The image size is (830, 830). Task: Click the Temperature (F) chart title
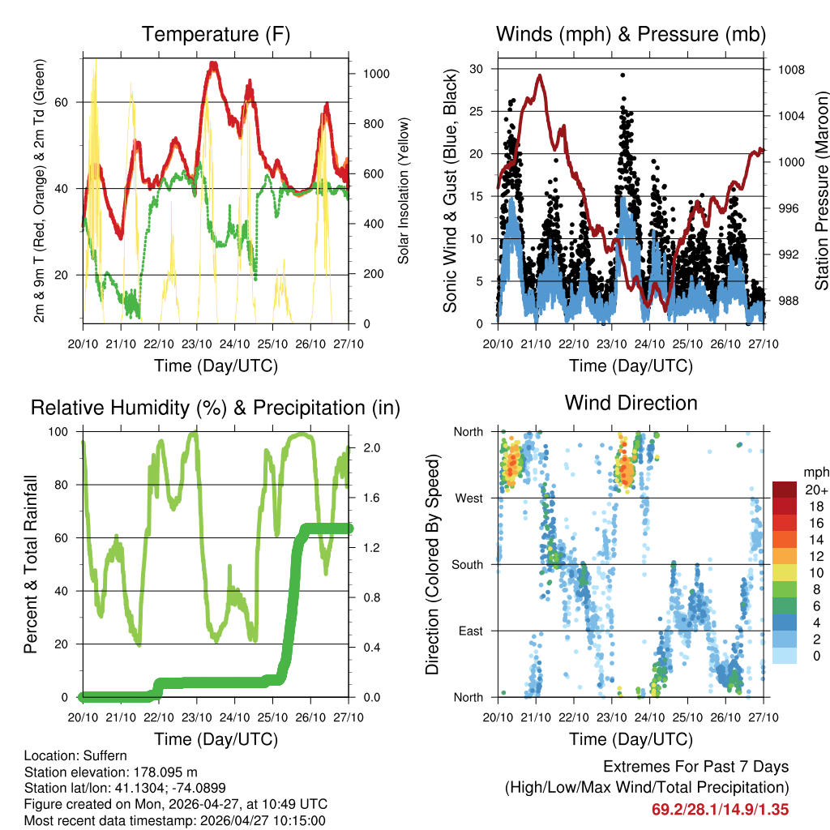216,35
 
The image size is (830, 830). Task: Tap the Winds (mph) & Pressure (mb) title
631,35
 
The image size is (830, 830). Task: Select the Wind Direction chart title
631,403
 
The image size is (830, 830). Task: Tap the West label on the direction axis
468,498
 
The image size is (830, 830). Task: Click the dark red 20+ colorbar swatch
784,490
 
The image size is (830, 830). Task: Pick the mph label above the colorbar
815,472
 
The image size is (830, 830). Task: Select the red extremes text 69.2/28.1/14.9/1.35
720,809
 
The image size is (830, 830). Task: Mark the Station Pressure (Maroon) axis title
821,190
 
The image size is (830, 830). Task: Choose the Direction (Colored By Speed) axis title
432,565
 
